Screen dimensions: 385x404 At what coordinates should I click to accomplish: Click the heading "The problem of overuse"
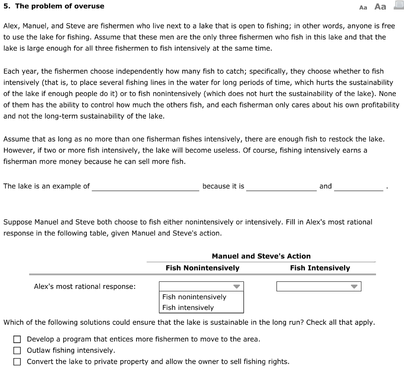[60, 6]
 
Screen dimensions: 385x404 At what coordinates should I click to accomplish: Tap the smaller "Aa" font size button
[363, 7]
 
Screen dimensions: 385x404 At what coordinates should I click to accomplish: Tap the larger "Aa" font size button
[380, 6]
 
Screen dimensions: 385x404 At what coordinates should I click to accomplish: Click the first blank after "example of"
[145, 186]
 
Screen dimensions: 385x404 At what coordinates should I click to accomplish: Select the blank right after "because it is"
[281, 186]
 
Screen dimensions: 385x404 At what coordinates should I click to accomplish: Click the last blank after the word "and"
[358, 186]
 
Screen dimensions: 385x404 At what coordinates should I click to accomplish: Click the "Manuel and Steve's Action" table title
[261, 256]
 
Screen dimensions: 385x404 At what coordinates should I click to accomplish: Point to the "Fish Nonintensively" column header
[202, 268]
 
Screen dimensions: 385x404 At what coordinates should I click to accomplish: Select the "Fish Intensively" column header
[320, 268]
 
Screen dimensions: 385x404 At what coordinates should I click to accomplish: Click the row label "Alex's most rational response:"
[85, 287]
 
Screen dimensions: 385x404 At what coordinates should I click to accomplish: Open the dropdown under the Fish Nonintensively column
[201, 287]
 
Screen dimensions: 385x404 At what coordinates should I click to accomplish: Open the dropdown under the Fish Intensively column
[319, 287]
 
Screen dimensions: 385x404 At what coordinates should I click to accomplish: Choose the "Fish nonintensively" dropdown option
[194, 297]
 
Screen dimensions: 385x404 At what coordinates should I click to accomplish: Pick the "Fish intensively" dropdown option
[188, 308]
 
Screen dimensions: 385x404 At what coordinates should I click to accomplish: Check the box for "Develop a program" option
[17, 339]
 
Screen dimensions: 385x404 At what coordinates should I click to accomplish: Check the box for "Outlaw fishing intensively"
[17, 350]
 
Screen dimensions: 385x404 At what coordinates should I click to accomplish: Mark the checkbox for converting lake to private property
[17, 361]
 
